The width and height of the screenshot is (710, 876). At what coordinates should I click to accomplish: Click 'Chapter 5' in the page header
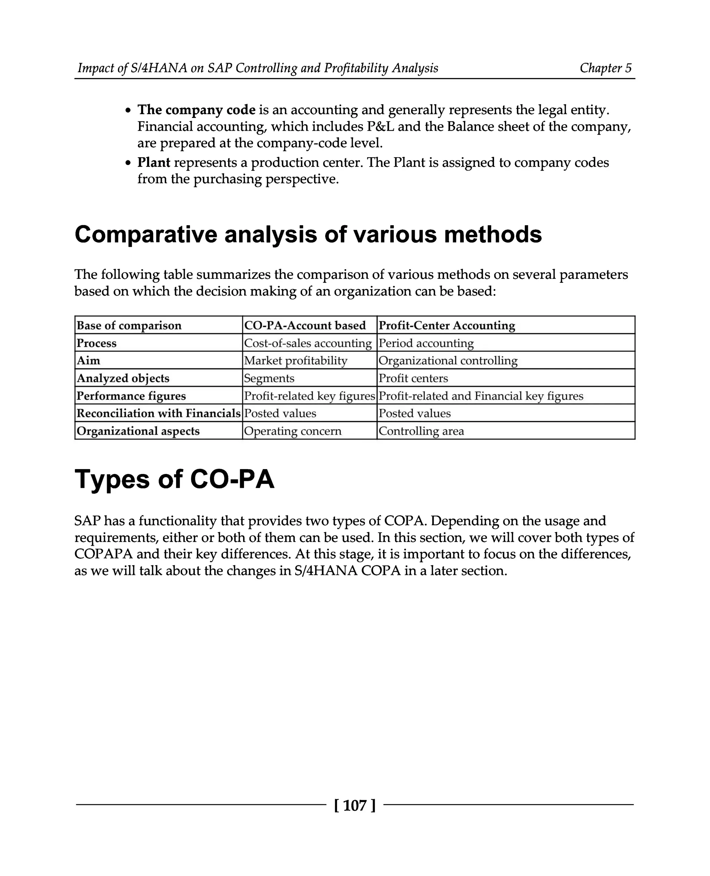pos(605,68)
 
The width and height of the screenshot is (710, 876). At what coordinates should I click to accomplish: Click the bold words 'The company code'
pos(196,110)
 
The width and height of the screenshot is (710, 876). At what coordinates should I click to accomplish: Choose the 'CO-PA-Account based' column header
pos(305,325)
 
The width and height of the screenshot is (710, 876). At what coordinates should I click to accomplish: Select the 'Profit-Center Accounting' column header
pos(447,325)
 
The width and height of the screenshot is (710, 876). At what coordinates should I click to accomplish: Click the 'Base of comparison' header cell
pos(129,325)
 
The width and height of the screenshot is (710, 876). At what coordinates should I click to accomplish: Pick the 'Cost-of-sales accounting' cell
pos(308,343)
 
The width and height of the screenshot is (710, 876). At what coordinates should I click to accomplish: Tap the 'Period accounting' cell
pos(426,343)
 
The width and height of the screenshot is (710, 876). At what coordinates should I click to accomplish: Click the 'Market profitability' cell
pos(295,360)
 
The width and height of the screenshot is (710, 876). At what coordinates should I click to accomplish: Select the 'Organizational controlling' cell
pos(448,360)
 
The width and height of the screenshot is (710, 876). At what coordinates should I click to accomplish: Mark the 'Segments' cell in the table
pos(269,378)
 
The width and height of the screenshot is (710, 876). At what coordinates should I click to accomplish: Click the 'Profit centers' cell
pos(413,378)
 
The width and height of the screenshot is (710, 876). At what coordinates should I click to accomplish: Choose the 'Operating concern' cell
pos(293,431)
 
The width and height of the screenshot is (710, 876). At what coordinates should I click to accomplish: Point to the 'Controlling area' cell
pos(421,431)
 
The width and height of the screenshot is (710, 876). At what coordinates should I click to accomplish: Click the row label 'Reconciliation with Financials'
pos(158,414)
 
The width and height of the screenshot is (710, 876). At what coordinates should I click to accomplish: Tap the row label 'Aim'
pos(88,360)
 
